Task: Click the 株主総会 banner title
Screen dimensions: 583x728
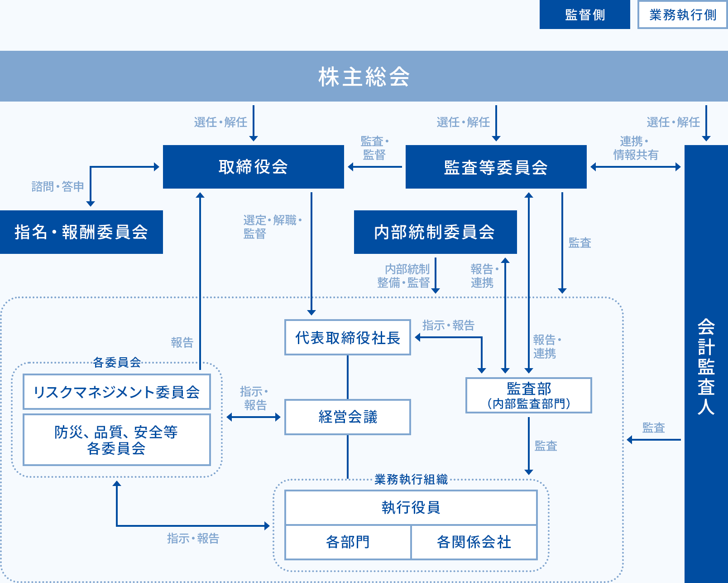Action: pyautogui.click(x=364, y=77)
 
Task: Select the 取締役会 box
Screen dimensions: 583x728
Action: pyautogui.click(x=253, y=167)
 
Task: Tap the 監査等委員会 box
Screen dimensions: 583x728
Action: pyautogui.click(x=496, y=167)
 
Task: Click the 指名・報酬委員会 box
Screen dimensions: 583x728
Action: pyautogui.click(x=81, y=232)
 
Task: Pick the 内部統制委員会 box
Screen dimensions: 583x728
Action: pyautogui.click(x=435, y=232)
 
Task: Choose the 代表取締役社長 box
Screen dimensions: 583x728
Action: pyautogui.click(x=347, y=338)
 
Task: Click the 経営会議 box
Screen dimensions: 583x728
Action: pyautogui.click(x=347, y=417)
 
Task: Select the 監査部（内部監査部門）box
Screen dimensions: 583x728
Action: pyautogui.click(x=528, y=395)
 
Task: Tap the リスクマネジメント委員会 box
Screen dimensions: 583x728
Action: pyautogui.click(x=117, y=392)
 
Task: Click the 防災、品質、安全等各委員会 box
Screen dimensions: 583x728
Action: pyautogui.click(x=117, y=440)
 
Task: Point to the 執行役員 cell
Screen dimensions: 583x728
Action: pyautogui.click(x=411, y=507)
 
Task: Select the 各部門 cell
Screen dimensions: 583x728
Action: pyautogui.click(x=348, y=542)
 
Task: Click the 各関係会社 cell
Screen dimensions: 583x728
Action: pyautogui.click(x=474, y=542)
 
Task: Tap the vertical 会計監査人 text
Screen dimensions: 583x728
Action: pyautogui.click(x=706, y=366)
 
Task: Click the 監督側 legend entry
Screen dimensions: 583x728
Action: pyautogui.click(x=584, y=15)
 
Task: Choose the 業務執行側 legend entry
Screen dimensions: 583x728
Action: pyautogui.click(x=682, y=15)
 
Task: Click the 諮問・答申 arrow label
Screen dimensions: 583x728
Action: pyautogui.click(x=58, y=186)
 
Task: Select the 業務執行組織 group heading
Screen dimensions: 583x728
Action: pyautogui.click(x=411, y=480)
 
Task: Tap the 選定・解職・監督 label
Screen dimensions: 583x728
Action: pyautogui.click(x=272, y=227)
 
